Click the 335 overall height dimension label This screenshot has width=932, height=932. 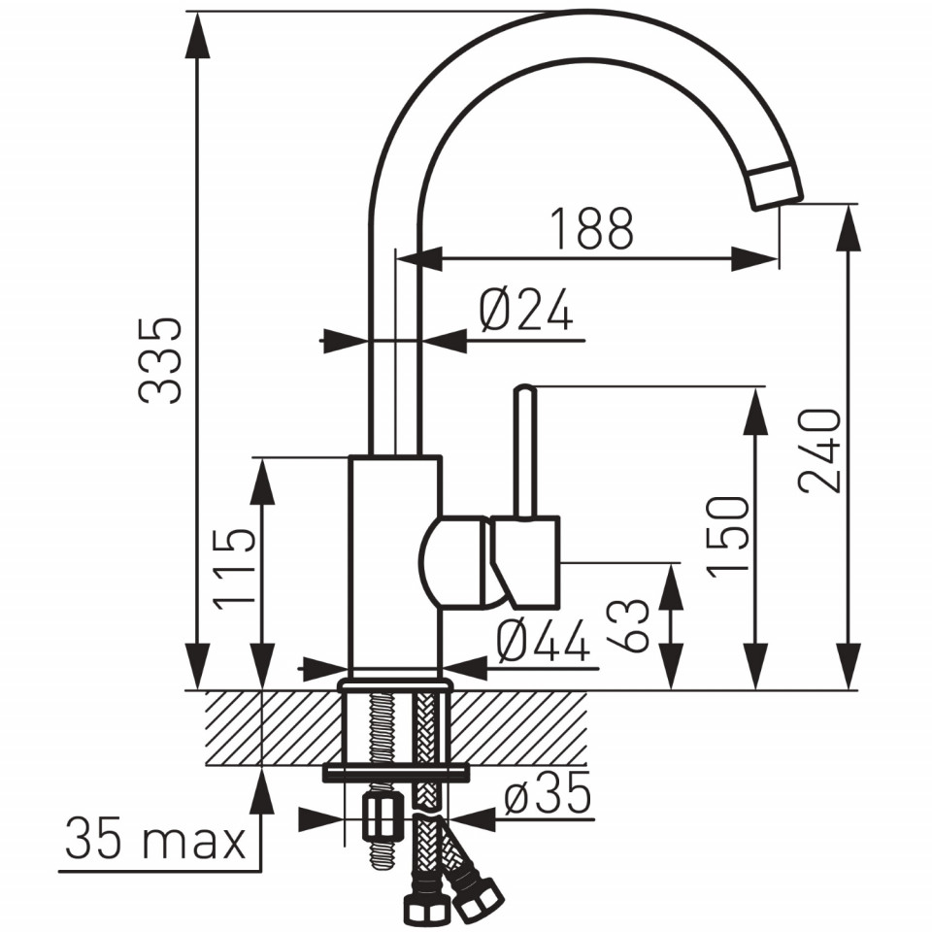coord(159,361)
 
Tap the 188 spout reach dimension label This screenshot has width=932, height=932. coord(592,228)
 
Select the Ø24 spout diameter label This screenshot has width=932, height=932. coord(526,310)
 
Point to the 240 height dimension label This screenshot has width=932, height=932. coord(819,449)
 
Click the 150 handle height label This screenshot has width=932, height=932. coord(727,536)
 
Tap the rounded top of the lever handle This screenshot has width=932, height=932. coord(525,389)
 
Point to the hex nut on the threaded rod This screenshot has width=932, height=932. coord(378,817)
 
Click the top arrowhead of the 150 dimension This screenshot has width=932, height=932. coord(756,410)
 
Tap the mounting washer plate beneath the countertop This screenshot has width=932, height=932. coord(395,774)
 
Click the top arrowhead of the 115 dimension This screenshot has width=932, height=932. coord(261,481)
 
